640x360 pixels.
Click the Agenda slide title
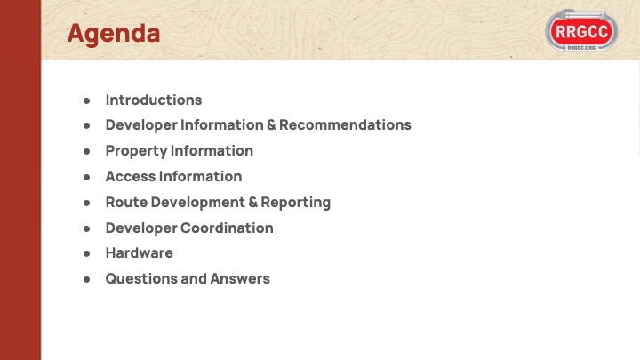[114, 34]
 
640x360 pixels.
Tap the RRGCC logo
[581, 30]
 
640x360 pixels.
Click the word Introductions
[154, 100]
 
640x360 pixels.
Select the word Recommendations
[345, 125]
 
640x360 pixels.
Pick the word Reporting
[295, 203]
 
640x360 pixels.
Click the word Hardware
[140, 253]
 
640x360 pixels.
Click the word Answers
[240, 279]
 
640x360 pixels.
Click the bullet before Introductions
[86, 100]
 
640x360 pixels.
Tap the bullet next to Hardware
[86, 253]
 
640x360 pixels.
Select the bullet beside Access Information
[86, 177]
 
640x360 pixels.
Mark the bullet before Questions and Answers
[86, 279]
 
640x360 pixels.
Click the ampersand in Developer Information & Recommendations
[271, 125]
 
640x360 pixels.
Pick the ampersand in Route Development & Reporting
[253, 202]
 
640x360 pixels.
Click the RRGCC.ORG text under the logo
[581, 48]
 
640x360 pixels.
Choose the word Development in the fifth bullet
[198, 203]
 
